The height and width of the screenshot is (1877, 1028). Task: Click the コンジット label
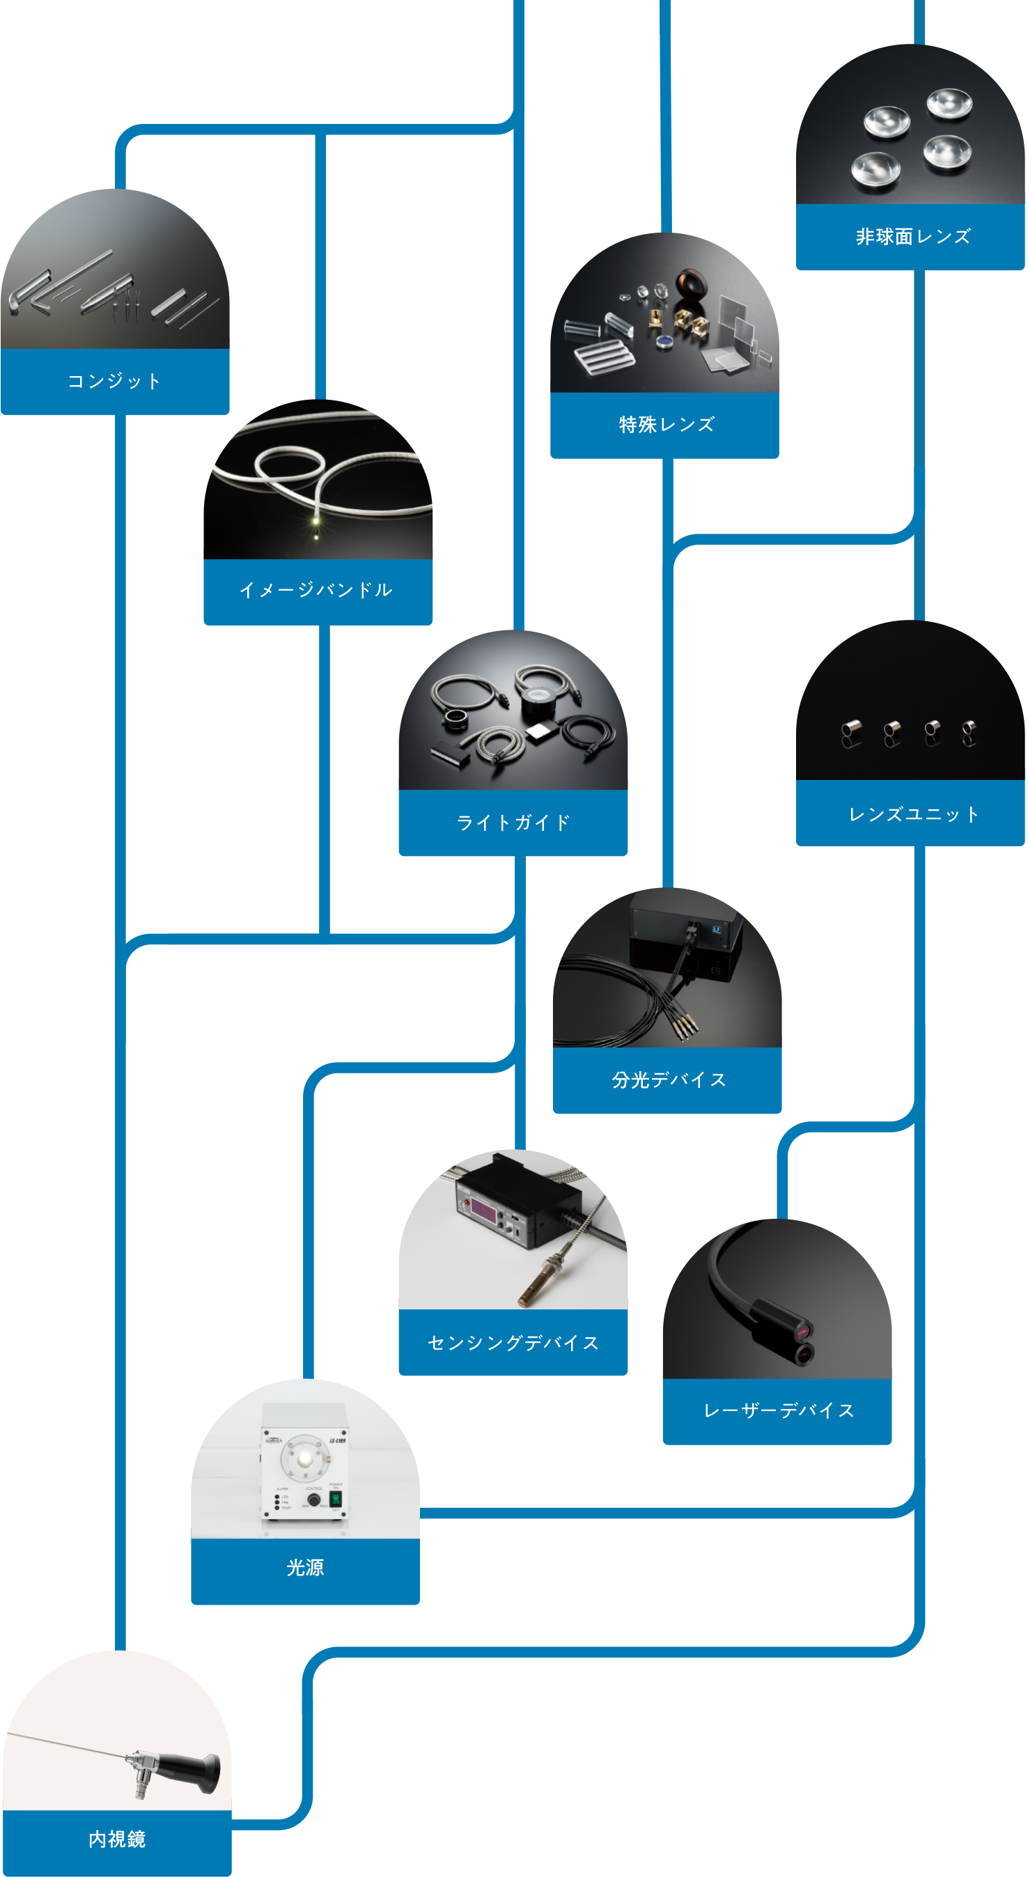[114, 381]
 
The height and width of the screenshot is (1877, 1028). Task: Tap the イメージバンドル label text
[316, 590]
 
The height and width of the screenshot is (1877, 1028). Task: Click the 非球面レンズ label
[913, 237]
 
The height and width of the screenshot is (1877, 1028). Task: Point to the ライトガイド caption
[513, 823]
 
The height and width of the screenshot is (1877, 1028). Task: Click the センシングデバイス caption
[513, 1343]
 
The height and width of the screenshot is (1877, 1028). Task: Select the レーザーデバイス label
[778, 1410]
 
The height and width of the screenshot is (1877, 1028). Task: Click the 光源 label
[304, 1567]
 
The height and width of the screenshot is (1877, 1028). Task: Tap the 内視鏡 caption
[116, 1839]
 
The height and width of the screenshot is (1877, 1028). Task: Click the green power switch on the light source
[335, 1499]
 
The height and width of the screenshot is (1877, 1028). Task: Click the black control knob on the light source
[313, 1500]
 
